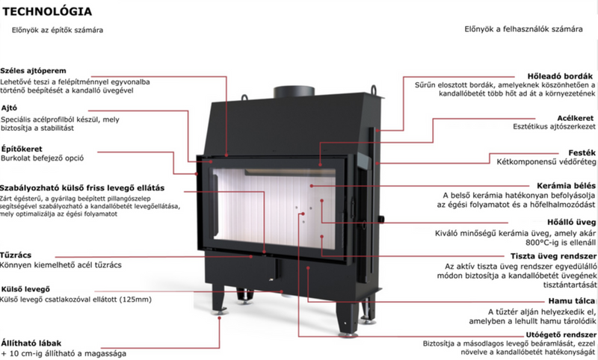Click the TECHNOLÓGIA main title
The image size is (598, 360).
click(47, 11)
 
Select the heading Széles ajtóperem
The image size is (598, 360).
click(33, 70)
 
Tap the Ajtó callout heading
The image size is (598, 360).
click(9, 108)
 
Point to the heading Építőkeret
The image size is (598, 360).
click(22, 149)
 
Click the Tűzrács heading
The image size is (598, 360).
click(16, 255)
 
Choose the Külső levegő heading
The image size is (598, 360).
click(25, 289)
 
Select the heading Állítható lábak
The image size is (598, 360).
click(31, 343)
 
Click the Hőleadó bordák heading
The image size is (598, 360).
click(560, 76)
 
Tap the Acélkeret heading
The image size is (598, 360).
click(576, 118)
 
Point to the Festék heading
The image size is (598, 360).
click(582, 153)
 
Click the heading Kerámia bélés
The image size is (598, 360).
click(566, 186)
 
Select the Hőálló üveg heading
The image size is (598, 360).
click(571, 222)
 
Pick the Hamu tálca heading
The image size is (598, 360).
click(572, 301)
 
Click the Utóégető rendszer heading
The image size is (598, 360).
click(561, 335)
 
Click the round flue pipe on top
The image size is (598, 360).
click(294, 91)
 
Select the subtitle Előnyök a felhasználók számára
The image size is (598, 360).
click(523, 29)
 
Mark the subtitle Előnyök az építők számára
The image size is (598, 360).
click(58, 30)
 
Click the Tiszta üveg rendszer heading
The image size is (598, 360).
click(553, 256)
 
